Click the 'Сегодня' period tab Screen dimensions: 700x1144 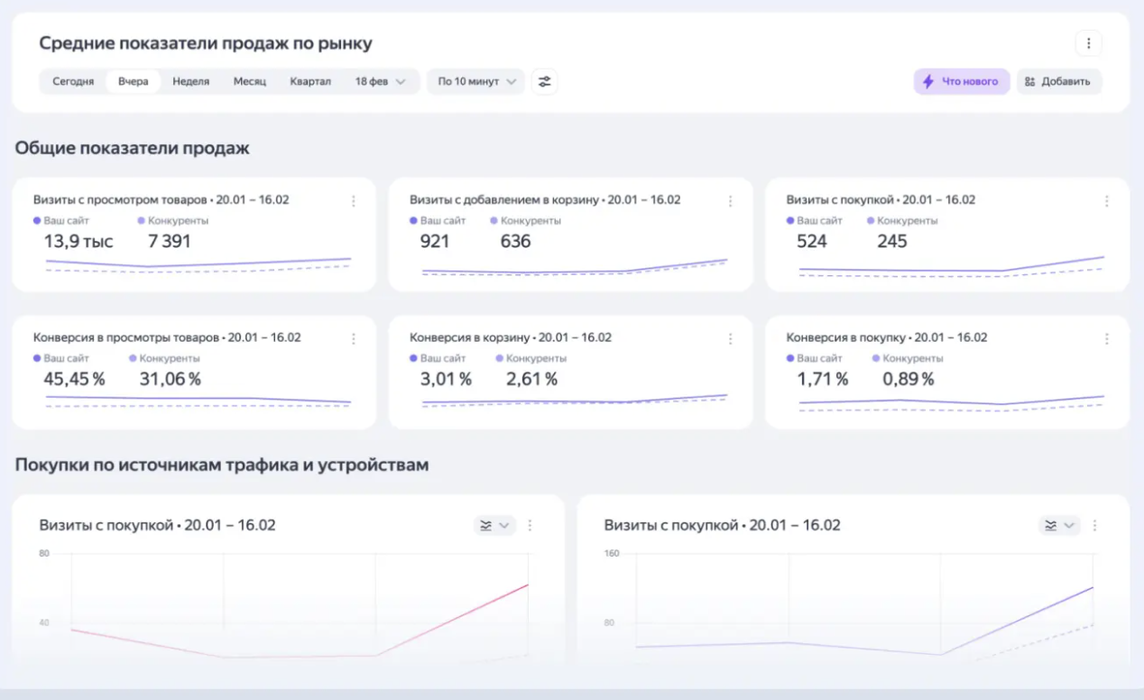tap(73, 81)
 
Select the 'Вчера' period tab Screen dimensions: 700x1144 tap(133, 81)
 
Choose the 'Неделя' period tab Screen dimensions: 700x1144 tap(190, 81)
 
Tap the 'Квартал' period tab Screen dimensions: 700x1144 tap(309, 81)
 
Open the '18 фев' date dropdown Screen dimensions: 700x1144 tap(380, 81)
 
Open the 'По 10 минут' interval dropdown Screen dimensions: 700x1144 tap(475, 81)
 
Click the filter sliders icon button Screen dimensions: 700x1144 tap(544, 81)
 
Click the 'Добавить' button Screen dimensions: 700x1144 tap(1058, 81)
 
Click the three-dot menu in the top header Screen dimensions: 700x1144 tap(1088, 43)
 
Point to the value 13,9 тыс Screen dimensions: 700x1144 tap(78, 242)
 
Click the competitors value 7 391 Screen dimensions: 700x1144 tap(170, 242)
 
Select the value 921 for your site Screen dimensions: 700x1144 tap(435, 242)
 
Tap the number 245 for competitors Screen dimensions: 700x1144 tap(892, 242)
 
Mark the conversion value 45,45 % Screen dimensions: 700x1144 tap(74, 380)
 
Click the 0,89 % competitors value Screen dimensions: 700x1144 tap(908, 380)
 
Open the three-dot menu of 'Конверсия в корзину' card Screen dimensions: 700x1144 tap(730, 339)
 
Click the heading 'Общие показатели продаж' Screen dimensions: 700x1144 tap(132, 148)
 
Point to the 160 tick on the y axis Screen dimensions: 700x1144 tap(612, 553)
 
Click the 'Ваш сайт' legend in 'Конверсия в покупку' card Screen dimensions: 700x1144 tap(818, 358)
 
